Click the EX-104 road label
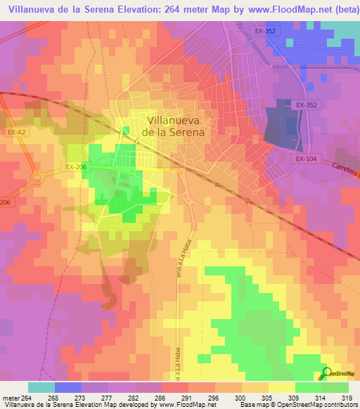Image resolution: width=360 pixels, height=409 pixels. [x=307, y=159]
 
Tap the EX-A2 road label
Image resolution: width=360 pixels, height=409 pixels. [x=16, y=131]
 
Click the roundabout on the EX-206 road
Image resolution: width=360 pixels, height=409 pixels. [x=35, y=177]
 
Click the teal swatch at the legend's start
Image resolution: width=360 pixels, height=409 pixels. [x=41, y=387]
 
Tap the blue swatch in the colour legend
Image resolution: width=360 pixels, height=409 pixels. [x=67, y=387]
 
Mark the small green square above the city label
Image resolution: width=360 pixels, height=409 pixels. [x=126, y=131]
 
